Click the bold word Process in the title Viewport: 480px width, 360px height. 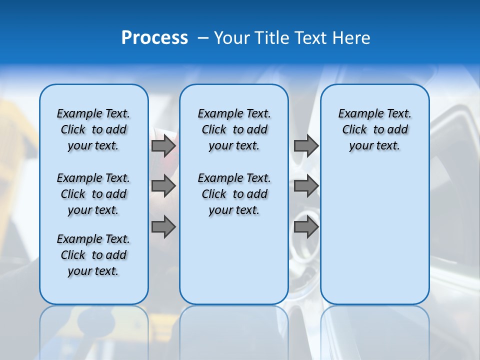[154, 38]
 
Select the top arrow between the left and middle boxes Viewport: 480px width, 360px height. [163, 146]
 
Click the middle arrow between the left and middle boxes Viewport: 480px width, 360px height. [163, 186]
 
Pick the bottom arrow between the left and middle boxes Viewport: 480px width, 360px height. [163, 227]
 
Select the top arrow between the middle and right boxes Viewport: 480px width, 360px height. [306, 146]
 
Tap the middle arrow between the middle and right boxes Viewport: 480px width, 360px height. [306, 186]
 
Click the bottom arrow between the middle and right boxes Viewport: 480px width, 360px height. [306, 227]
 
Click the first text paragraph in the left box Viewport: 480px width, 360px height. [93, 129]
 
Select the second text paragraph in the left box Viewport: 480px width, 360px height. [93, 194]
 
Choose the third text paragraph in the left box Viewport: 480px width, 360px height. [93, 255]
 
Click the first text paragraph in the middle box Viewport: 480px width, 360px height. [234, 129]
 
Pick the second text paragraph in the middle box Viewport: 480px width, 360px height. [234, 194]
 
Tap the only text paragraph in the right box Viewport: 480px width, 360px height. [374, 129]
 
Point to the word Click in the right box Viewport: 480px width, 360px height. [354, 130]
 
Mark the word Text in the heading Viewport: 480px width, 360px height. [308, 38]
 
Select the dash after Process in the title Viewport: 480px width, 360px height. [203, 38]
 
